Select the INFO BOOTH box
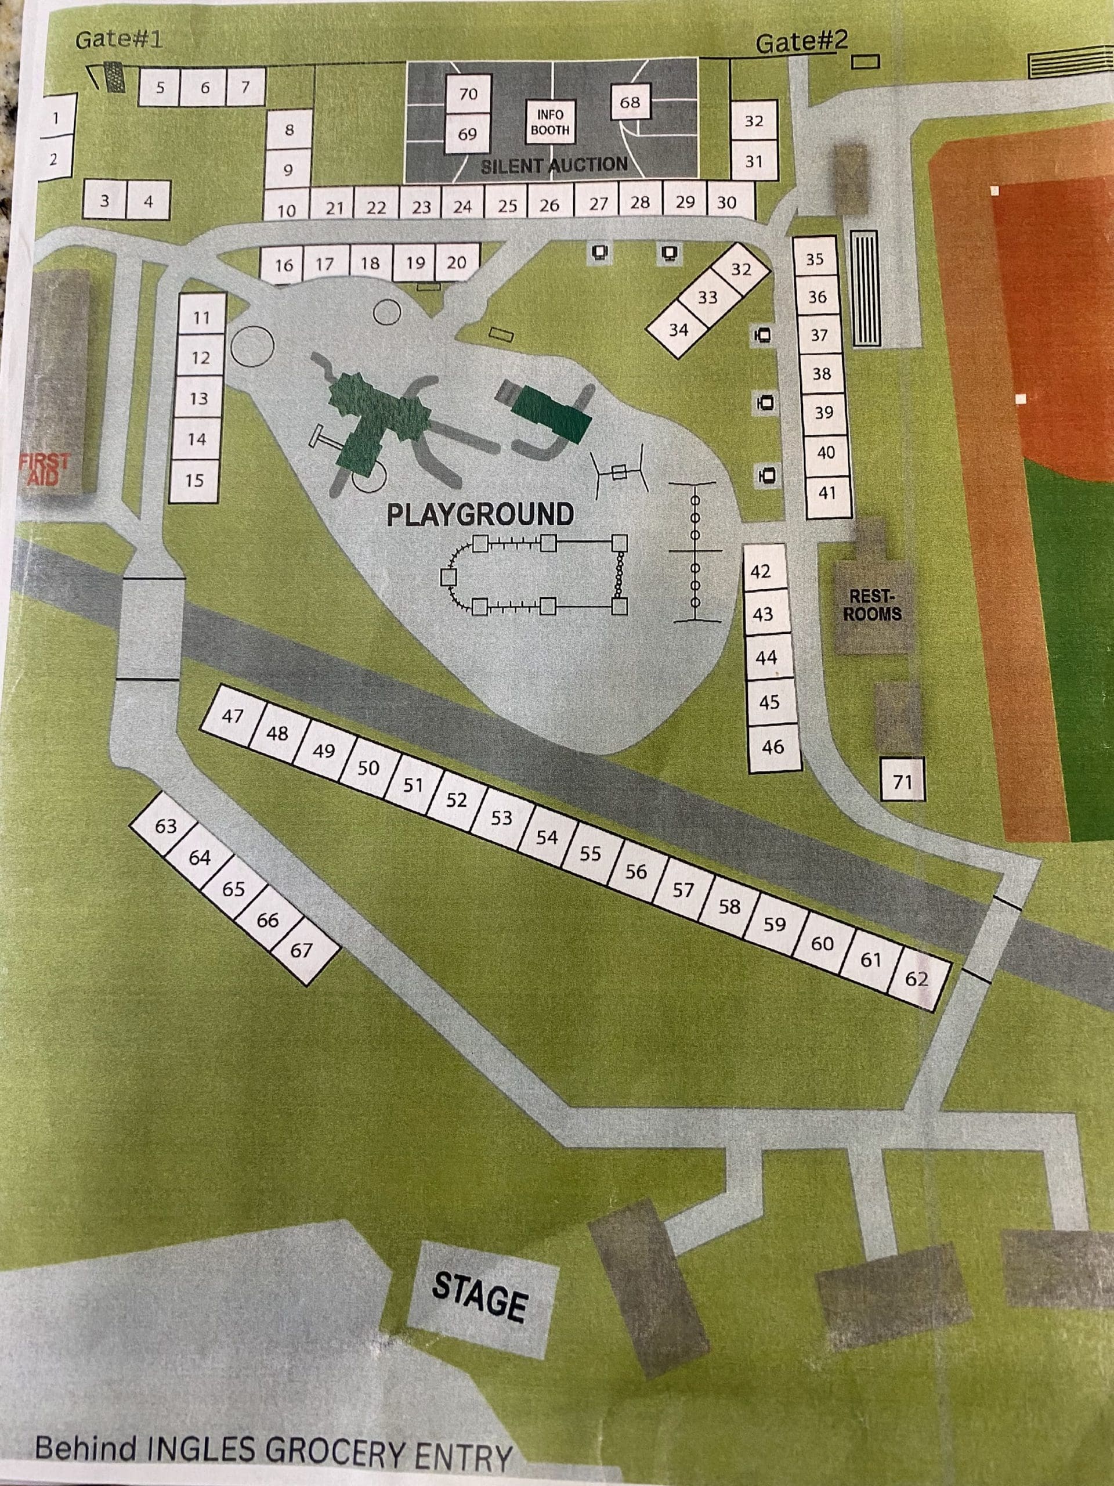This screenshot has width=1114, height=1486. (x=550, y=122)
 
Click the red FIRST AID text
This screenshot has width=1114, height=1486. (x=44, y=469)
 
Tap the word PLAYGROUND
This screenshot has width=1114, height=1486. (x=480, y=515)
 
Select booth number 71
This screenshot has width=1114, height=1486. (x=902, y=781)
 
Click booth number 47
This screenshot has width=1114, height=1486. (x=232, y=716)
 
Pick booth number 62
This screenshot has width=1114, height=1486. (x=917, y=979)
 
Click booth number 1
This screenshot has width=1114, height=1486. (x=56, y=118)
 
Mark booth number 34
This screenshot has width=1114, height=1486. (x=678, y=329)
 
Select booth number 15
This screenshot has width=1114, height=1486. (x=195, y=480)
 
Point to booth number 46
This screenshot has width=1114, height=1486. (x=773, y=746)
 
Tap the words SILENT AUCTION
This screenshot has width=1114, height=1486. (x=554, y=165)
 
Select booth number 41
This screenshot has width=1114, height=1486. (x=827, y=492)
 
